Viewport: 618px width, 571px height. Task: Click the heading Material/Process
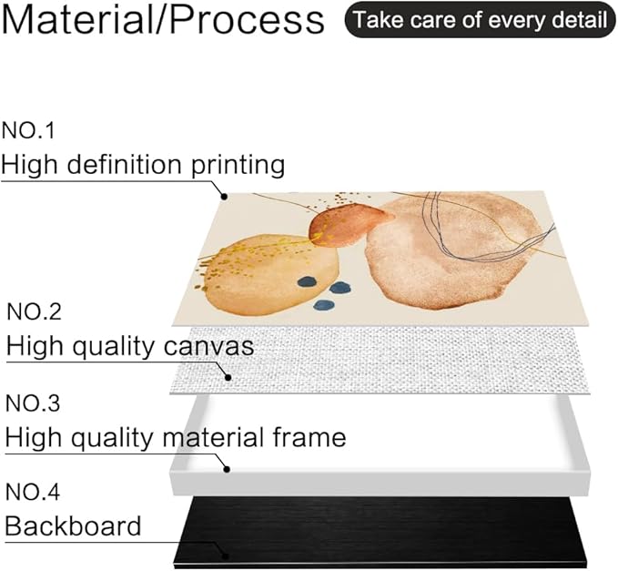[x=163, y=19]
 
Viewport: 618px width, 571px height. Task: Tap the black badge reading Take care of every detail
[x=480, y=20]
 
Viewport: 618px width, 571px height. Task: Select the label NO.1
[x=28, y=130]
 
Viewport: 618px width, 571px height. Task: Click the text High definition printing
[x=143, y=164]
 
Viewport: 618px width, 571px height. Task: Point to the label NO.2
[x=35, y=311]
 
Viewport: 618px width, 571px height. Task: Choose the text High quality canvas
[x=130, y=346]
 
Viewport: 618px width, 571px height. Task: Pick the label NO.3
[x=33, y=403]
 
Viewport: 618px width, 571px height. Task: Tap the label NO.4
[x=33, y=492]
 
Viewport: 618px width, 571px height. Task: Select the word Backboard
[x=73, y=525]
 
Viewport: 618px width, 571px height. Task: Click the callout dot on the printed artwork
[x=224, y=196]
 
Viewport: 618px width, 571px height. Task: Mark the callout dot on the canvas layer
[x=228, y=377]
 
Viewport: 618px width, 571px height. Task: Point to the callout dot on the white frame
[x=227, y=469]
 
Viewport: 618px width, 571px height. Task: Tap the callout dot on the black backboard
[x=225, y=556]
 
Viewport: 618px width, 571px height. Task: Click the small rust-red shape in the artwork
[x=347, y=225]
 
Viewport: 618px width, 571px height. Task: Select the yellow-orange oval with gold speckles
[x=272, y=274]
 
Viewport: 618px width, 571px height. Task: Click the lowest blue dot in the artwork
[x=324, y=304]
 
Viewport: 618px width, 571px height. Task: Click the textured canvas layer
[x=380, y=360]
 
